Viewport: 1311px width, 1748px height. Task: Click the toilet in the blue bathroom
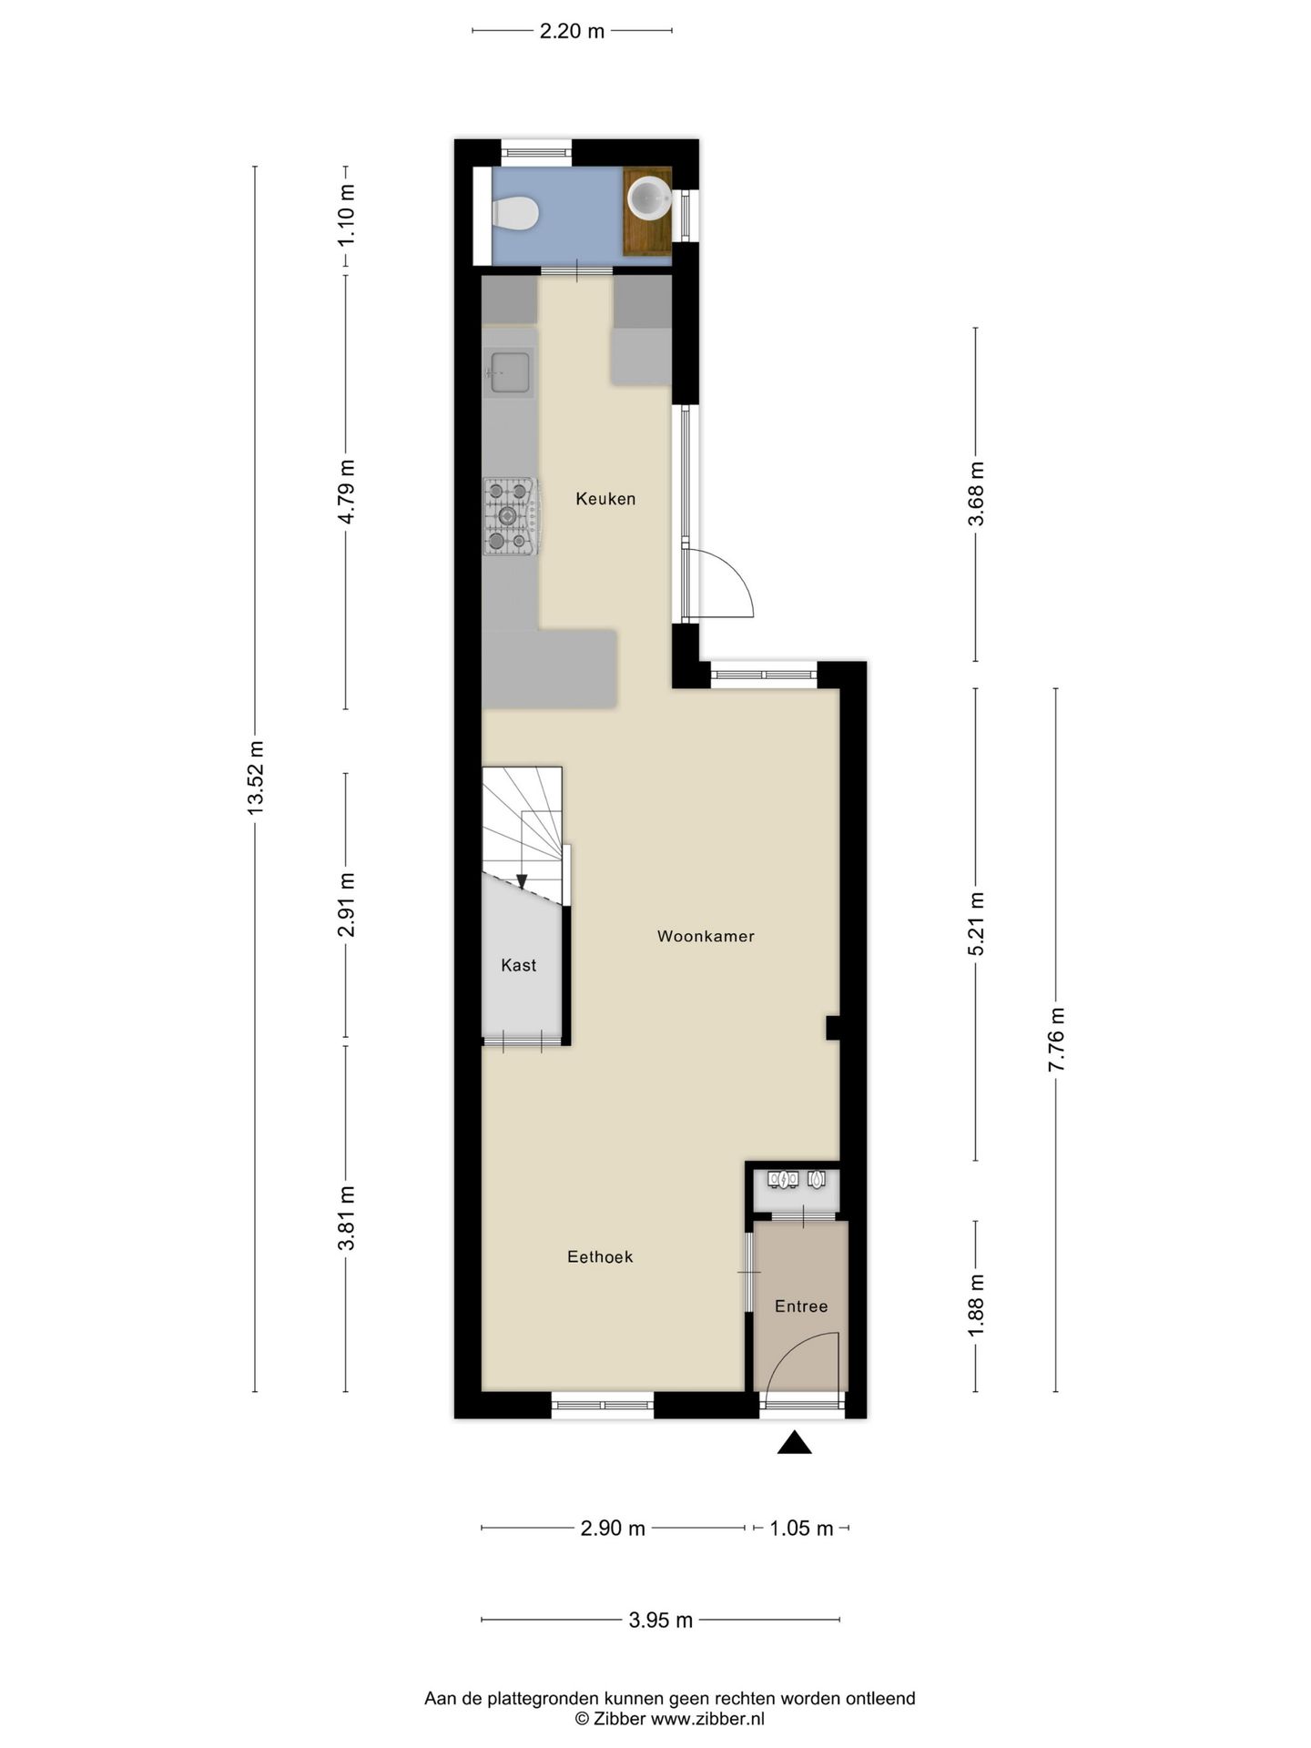click(515, 214)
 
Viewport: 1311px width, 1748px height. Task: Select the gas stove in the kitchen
click(510, 517)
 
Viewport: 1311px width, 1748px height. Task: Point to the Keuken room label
click(605, 499)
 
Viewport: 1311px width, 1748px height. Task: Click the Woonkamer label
click(706, 936)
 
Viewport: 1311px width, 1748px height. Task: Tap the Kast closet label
click(519, 965)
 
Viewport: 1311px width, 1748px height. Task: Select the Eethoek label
click(600, 1256)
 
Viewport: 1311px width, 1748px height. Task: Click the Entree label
click(801, 1306)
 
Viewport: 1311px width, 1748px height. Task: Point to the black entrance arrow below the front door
click(794, 1442)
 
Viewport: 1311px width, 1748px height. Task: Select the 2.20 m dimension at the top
click(572, 31)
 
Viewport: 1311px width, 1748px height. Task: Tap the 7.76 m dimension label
click(1056, 1041)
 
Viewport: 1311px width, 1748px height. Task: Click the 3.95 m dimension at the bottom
click(660, 1620)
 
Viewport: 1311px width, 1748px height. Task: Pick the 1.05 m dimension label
click(801, 1528)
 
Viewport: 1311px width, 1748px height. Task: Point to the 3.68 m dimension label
click(976, 494)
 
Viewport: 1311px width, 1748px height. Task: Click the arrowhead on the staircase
click(522, 880)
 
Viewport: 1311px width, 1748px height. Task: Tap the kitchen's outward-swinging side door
click(719, 583)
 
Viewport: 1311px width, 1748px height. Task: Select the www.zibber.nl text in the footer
click(707, 1719)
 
